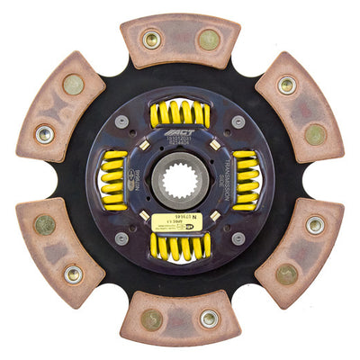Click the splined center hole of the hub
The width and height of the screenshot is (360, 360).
(x=179, y=179)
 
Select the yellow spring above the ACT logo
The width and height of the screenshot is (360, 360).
(x=181, y=114)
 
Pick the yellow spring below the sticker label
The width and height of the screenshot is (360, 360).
(x=180, y=245)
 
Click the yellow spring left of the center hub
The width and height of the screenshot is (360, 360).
(x=114, y=179)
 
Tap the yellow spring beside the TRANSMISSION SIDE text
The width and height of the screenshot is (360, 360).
(x=245, y=180)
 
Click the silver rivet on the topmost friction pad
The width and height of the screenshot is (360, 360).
(x=151, y=40)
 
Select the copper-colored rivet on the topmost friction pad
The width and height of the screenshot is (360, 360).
(x=208, y=40)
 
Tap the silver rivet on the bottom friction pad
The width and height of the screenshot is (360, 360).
(x=209, y=319)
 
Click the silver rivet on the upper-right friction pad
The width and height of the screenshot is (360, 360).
(x=287, y=85)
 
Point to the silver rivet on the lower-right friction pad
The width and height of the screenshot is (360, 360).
(x=315, y=224)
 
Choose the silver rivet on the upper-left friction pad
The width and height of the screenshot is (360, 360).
(x=44, y=134)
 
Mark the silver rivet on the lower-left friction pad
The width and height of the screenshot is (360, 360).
(x=73, y=273)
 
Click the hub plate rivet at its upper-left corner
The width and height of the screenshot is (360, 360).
(x=121, y=121)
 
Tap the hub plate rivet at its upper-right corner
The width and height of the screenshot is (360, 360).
(x=238, y=121)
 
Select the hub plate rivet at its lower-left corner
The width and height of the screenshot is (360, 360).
(x=121, y=238)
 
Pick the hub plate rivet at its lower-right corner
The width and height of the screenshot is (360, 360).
(x=238, y=238)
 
